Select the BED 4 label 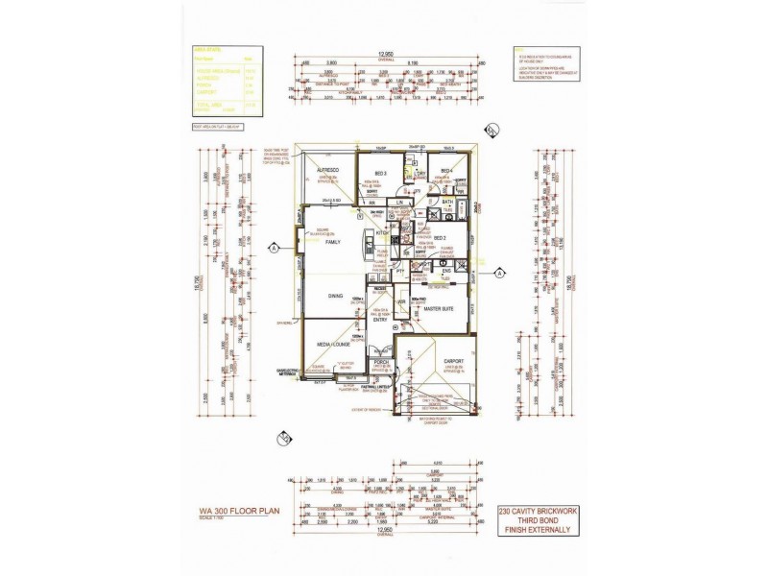(445, 172)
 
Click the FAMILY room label (333, 242)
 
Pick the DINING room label (335, 296)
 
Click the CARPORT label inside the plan (453, 361)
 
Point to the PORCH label (380, 362)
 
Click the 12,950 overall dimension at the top (386, 55)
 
